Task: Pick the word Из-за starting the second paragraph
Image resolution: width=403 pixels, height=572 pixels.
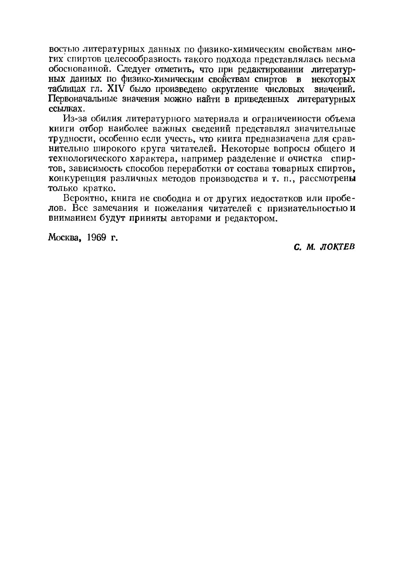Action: point(75,119)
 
